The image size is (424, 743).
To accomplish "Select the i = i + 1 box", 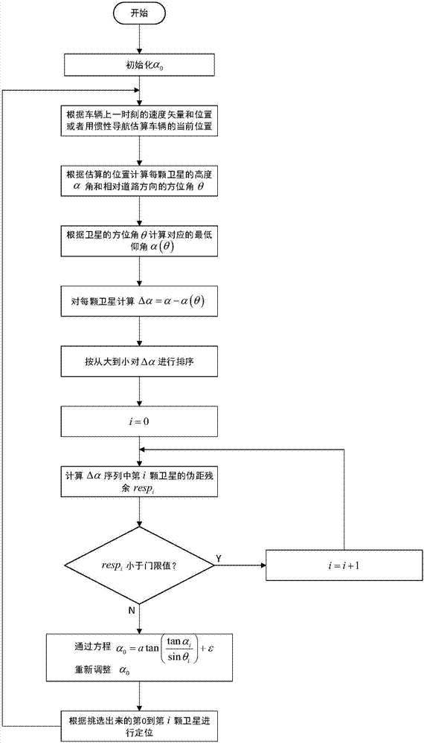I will click(344, 565).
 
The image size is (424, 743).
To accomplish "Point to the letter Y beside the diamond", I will click(217, 557).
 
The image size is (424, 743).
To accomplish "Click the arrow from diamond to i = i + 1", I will click(242, 565).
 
